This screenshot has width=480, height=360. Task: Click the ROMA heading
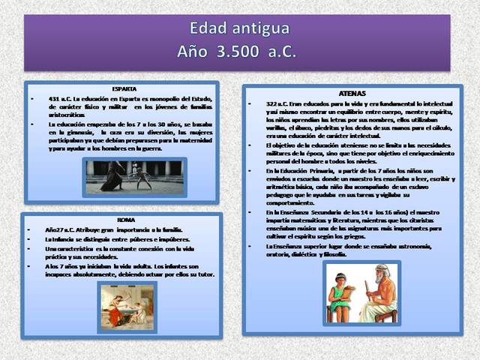coord(124,219)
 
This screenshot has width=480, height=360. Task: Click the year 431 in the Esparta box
coord(55,99)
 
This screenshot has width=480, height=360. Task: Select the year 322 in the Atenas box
coord(272,103)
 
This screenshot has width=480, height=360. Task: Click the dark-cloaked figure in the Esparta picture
coord(115,177)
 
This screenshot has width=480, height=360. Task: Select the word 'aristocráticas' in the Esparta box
coord(68,114)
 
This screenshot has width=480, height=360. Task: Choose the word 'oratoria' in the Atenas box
coord(280,254)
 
